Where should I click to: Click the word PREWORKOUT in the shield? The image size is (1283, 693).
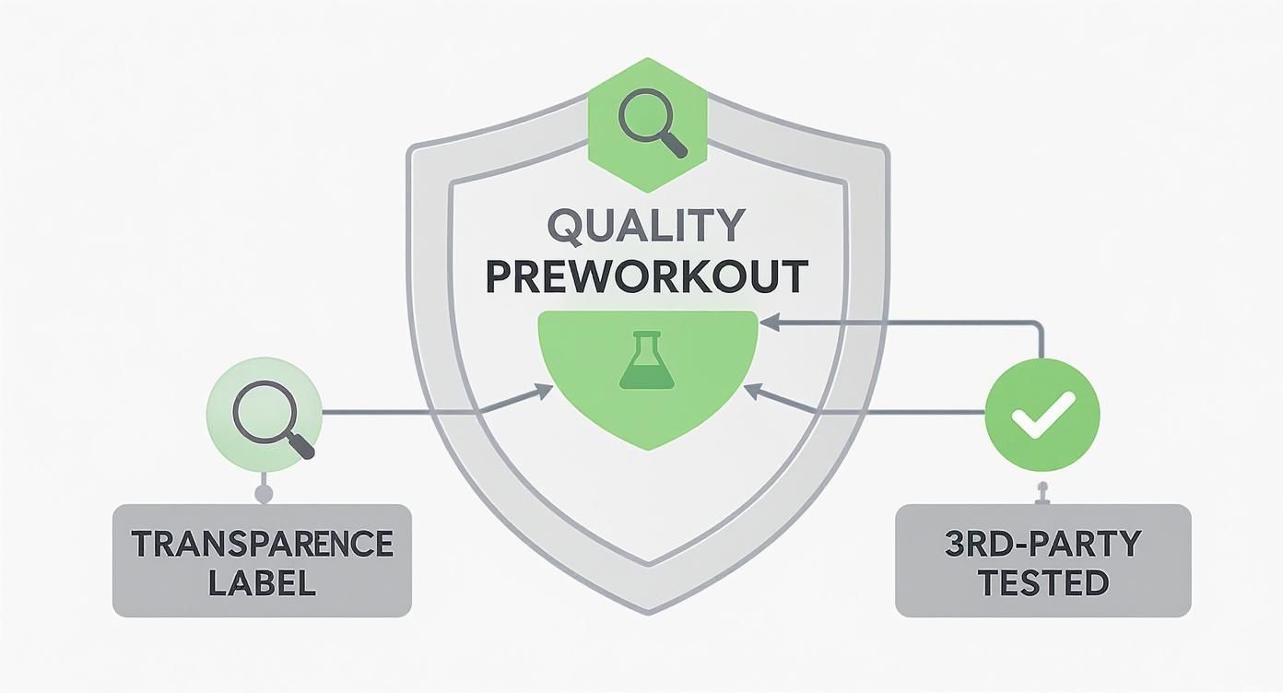(x=647, y=276)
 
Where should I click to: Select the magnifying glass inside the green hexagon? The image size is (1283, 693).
(x=647, y=123)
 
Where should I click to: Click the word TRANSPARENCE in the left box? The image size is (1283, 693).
(x=262, y=544)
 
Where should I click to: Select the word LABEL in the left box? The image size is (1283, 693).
(x=262, y=583)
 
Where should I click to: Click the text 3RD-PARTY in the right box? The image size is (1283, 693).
(x=1042, y=544)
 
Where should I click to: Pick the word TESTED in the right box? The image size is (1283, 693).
(x=1042, y=583)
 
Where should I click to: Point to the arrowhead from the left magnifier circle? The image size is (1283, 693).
(x=545, y=392)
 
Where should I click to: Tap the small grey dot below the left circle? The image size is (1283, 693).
(x=264, y=494)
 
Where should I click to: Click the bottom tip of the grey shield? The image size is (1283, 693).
(x=648, y=610)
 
